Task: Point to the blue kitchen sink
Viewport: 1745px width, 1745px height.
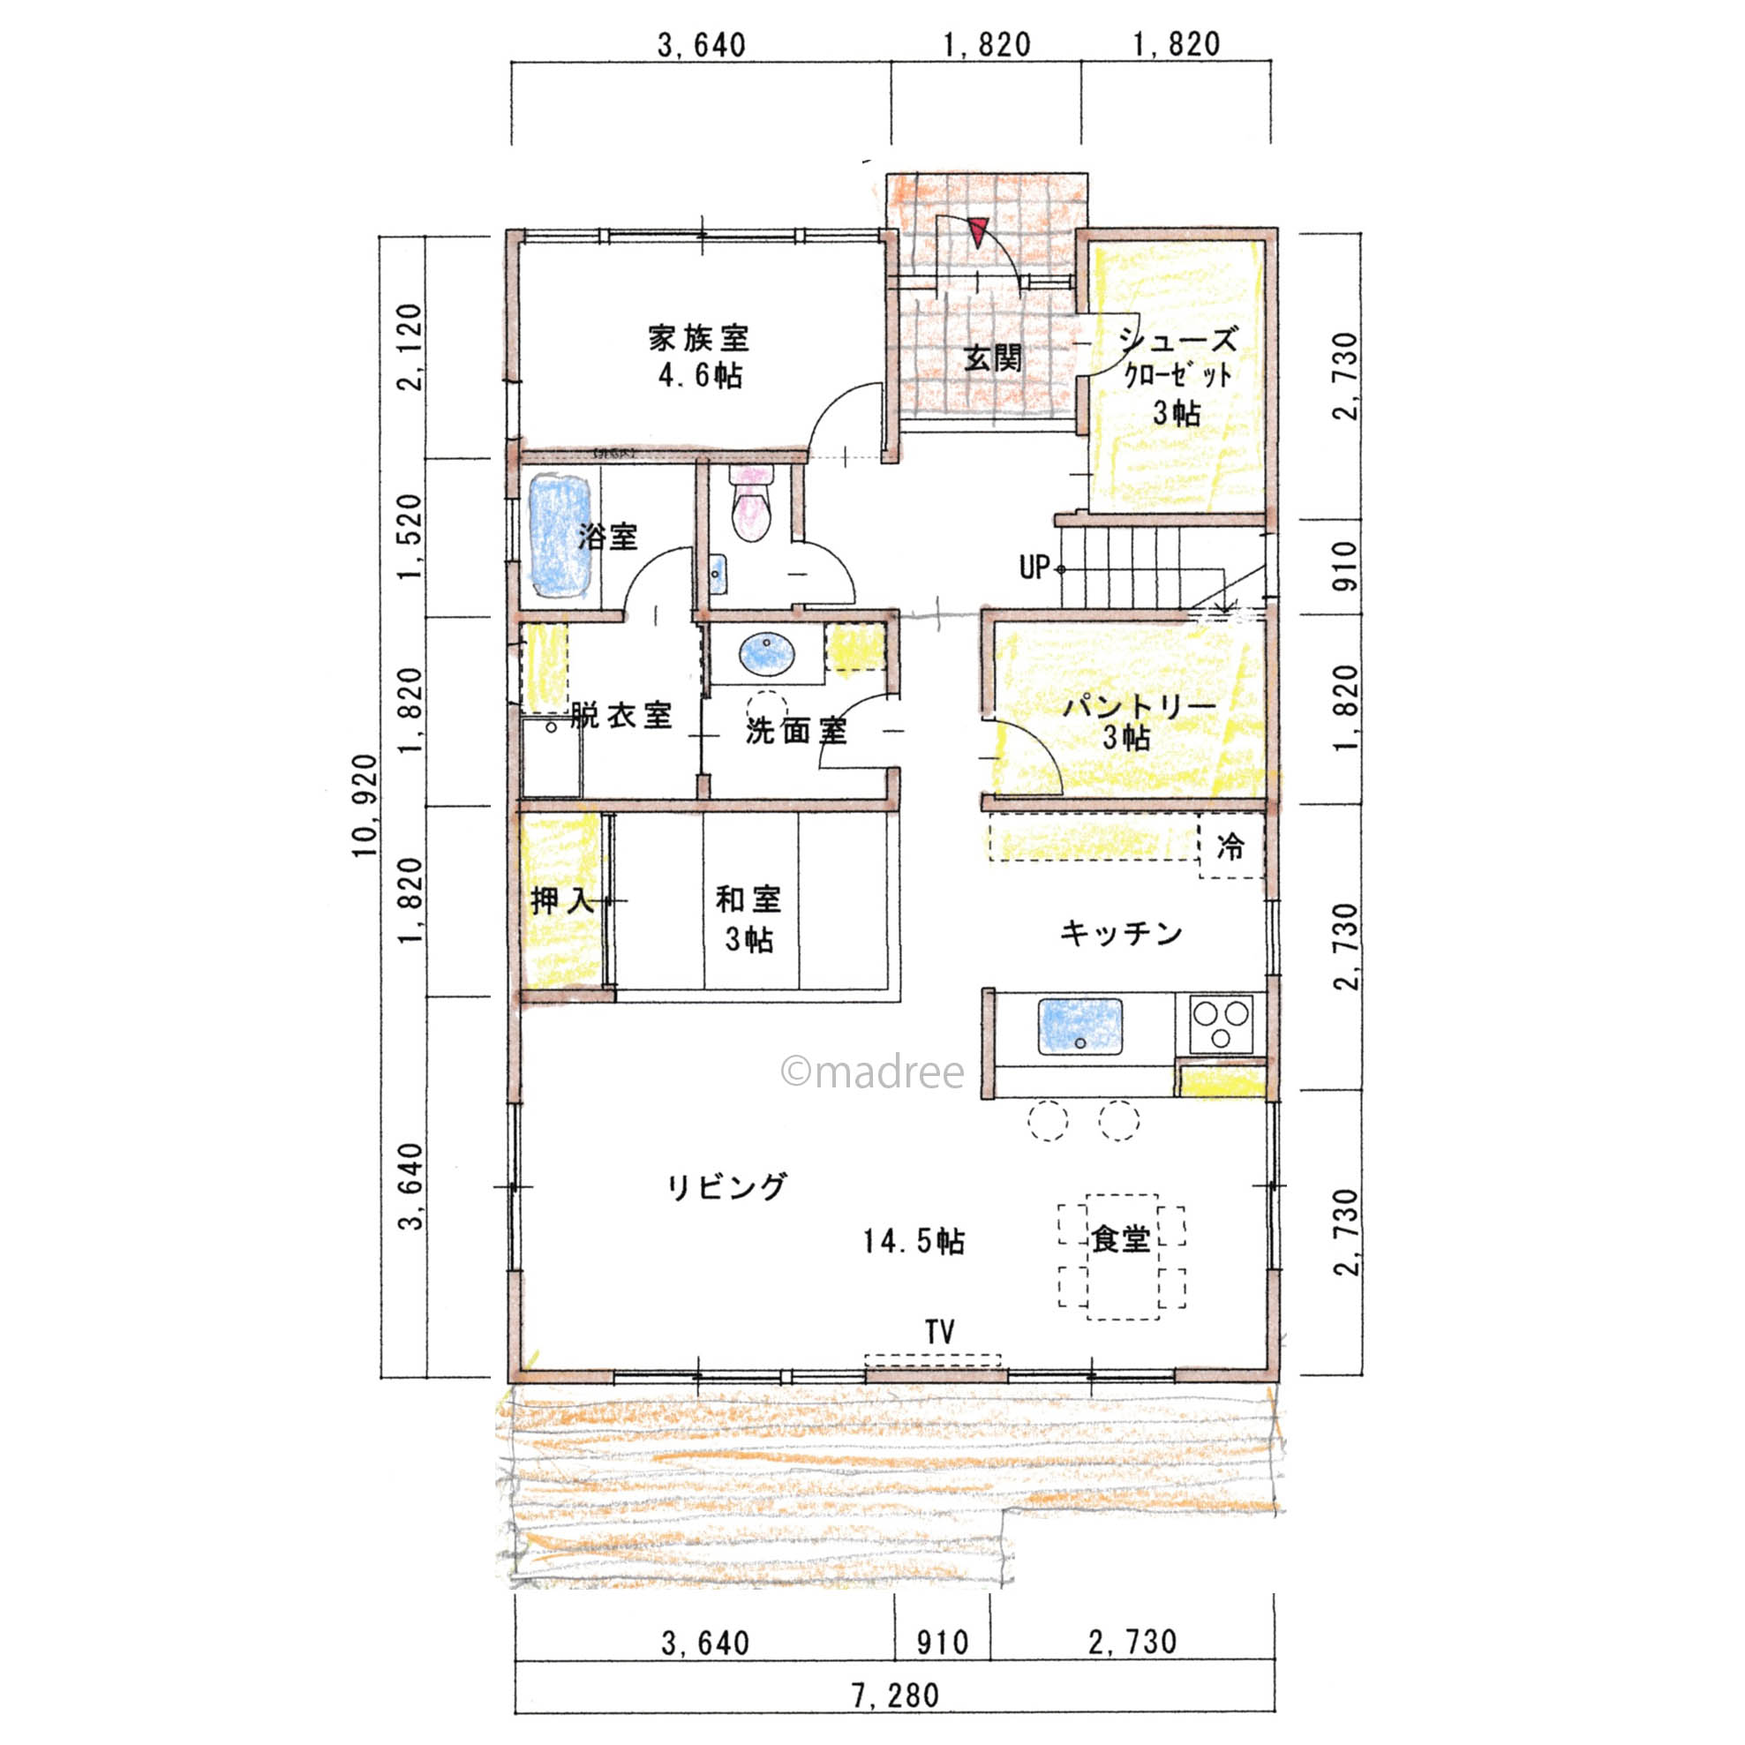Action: click(x=1080, y=1026)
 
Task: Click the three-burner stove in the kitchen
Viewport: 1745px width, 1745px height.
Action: click(x=1221, y=1023)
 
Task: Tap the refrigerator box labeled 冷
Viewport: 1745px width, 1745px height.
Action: click(x=1230, y=846)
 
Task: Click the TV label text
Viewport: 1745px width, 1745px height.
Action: click(x=939, y=1331)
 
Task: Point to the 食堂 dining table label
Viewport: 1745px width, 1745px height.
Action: click(x=1121, y=1239)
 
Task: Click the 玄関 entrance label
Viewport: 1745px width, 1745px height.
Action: click(x=993, y=358)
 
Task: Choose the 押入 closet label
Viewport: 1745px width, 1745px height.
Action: click(x=561, y=900)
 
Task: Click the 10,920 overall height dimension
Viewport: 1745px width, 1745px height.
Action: click(x=366, y=806)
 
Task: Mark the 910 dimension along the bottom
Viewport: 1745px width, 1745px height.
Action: click(x=942, y=1642)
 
